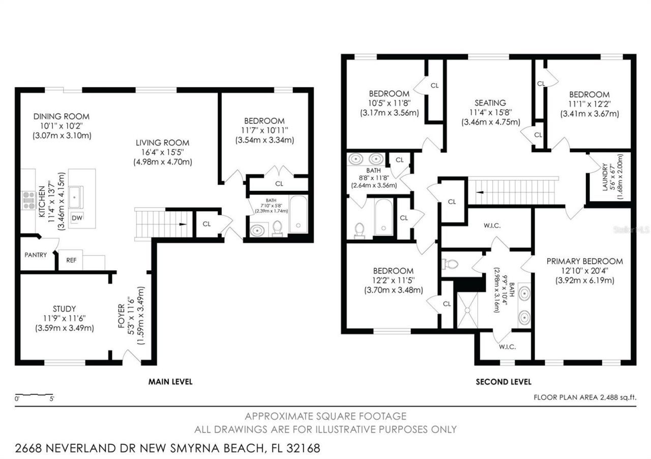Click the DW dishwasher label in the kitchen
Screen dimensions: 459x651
click(77, 218)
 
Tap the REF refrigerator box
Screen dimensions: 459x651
click(71, 260)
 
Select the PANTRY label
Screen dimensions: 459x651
click(36, 255)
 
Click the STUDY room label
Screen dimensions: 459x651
click(64, 309)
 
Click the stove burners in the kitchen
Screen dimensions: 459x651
click(28, 200)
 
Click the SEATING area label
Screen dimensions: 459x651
click(490, 103)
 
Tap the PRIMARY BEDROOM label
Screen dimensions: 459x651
click(584, 261)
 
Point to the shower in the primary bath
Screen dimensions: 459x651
click(466, 310)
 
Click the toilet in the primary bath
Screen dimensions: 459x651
click(450, 264)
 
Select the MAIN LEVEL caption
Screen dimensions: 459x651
click(170, 381)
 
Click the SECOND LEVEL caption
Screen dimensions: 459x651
click(503, 381)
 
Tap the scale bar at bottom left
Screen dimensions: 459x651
click(34, 395)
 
